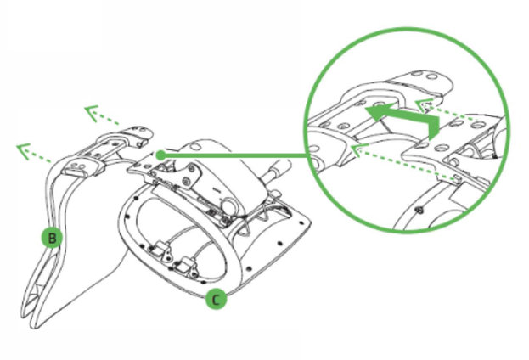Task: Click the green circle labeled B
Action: [x=52, y=238]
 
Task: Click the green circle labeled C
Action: [x=217, y=299]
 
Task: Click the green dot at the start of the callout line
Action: [x=160, y=155]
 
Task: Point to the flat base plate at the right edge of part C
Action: [x=293, y=233]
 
